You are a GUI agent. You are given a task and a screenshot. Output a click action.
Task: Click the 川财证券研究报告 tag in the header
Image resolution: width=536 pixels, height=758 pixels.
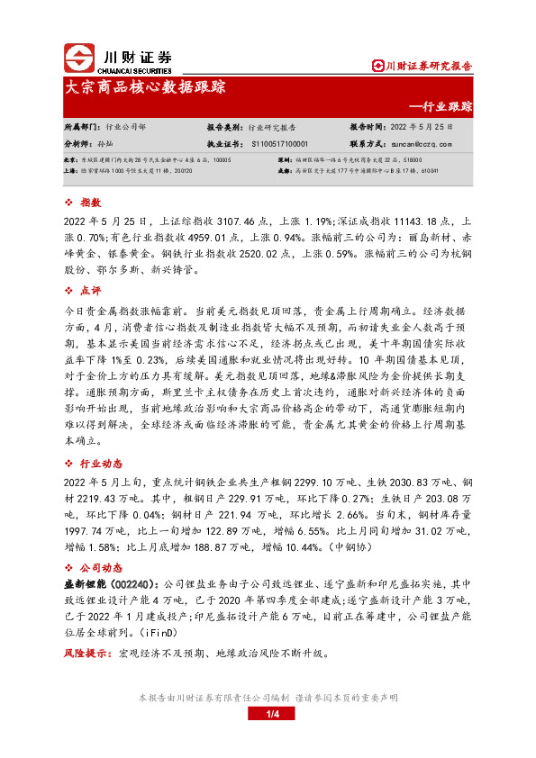tap(424, 65)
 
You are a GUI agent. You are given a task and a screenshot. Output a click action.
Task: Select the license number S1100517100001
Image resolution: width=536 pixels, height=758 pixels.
tap(280, 143)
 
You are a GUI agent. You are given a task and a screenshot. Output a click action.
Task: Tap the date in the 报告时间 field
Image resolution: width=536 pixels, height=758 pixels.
tap(428, 129)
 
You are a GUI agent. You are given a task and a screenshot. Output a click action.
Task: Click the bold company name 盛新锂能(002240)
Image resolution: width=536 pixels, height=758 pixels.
tap(107, 583)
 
